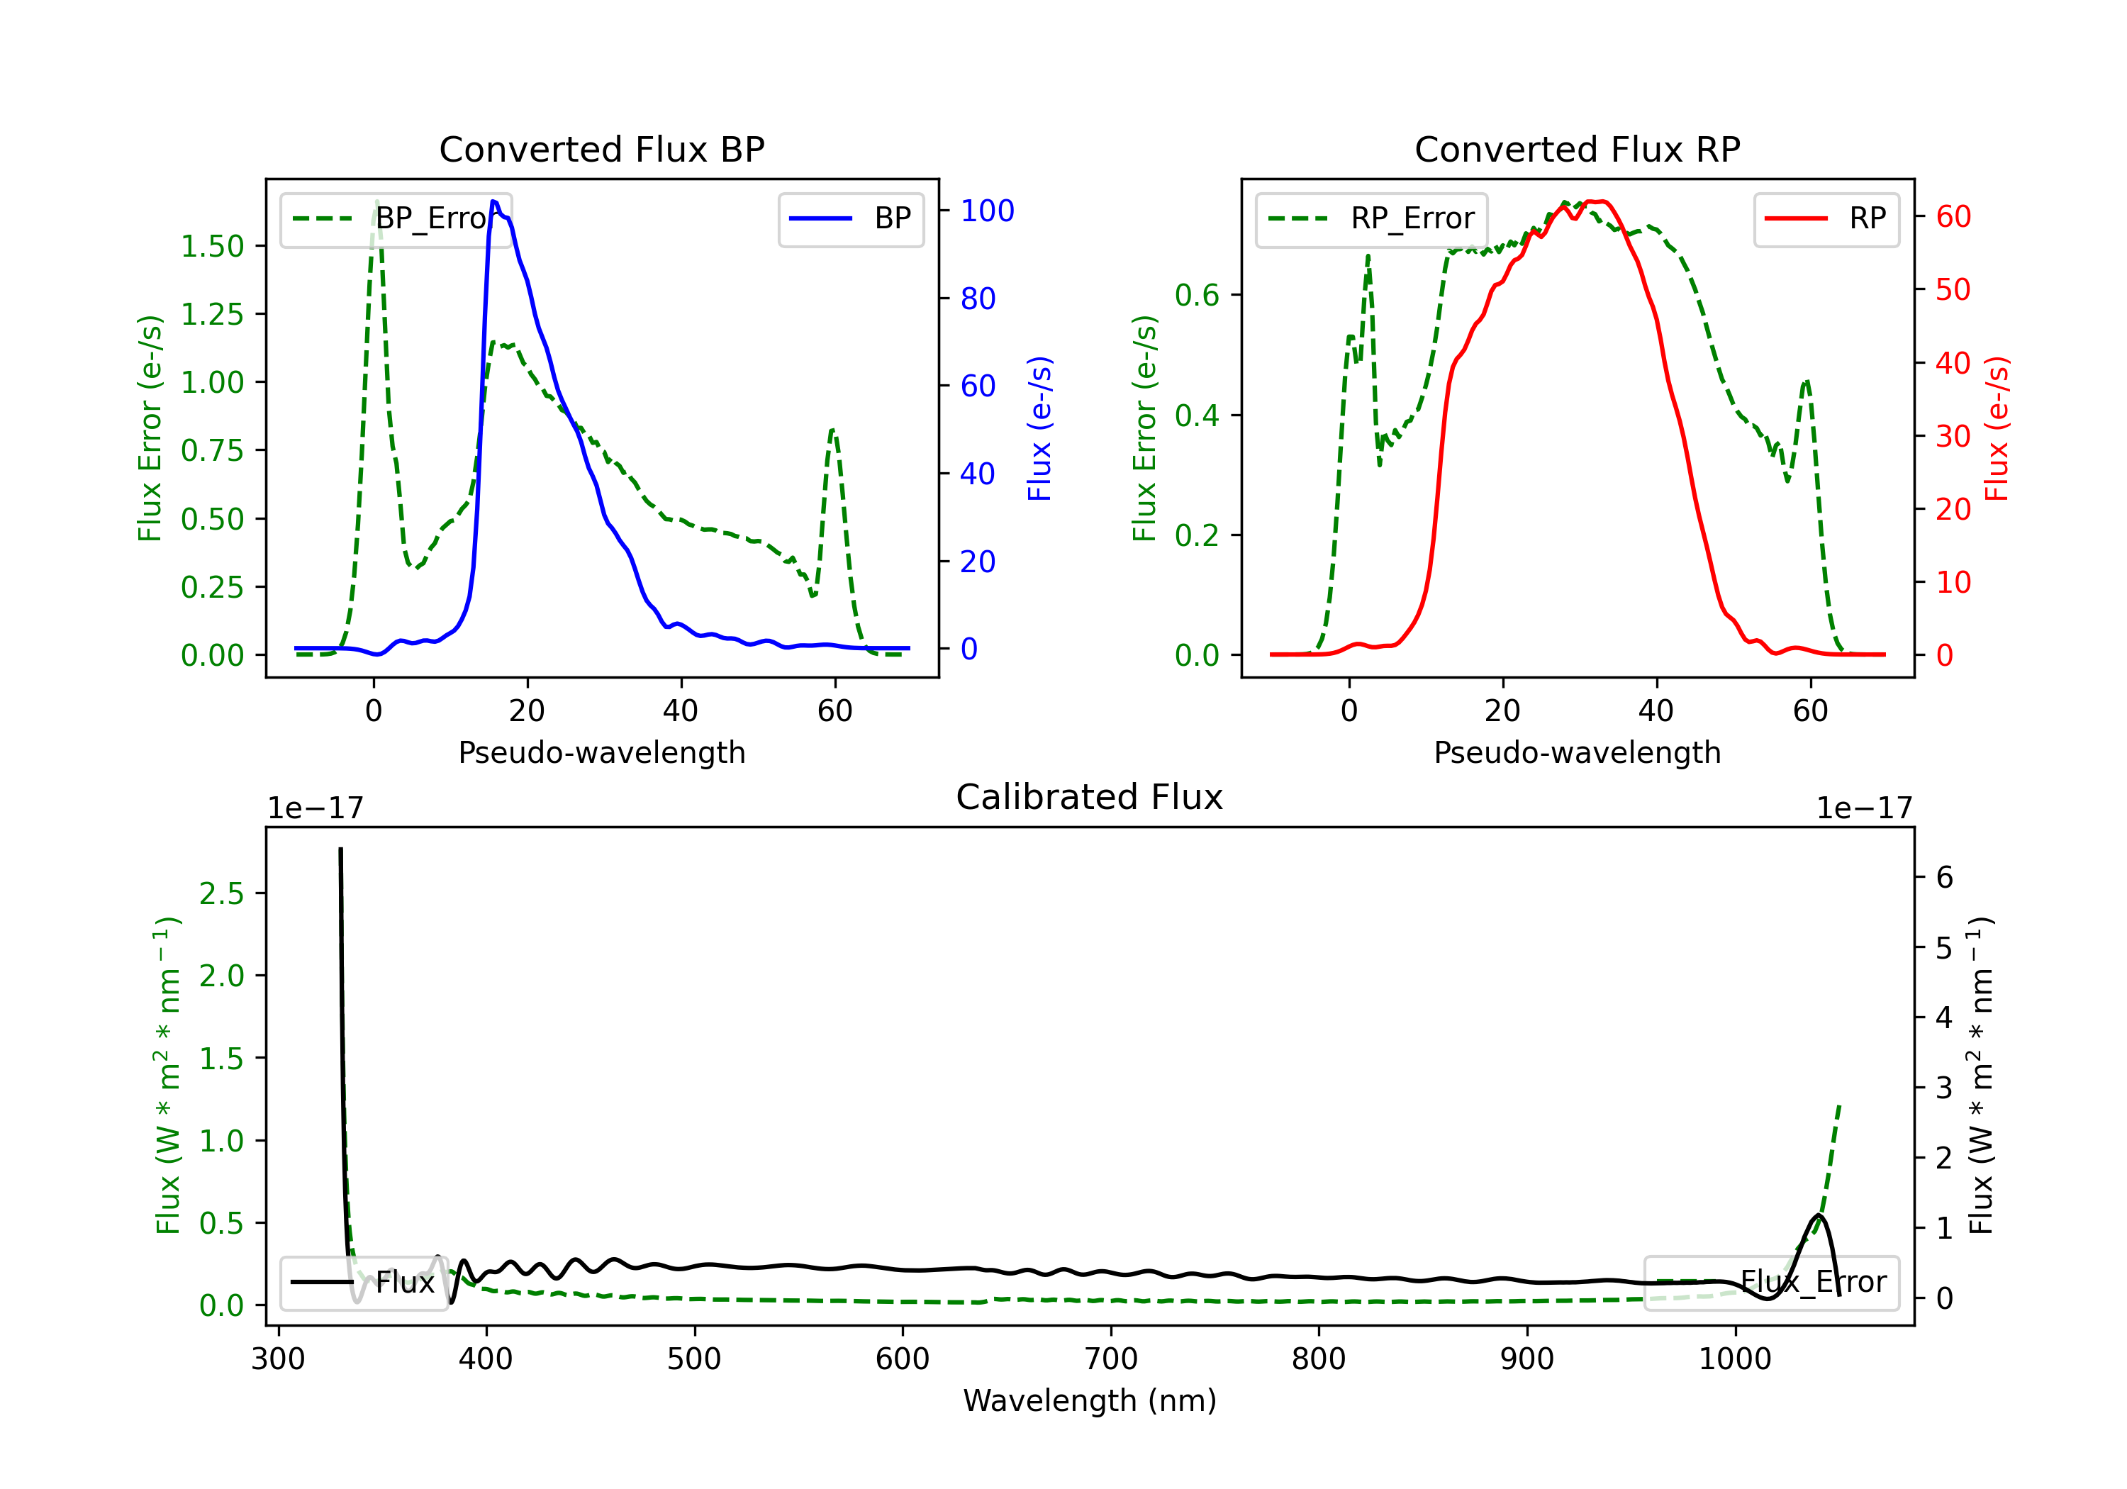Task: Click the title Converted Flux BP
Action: tap(601, 149)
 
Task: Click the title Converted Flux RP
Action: tap(1577, 149)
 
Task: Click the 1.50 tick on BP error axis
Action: tap(212, 247)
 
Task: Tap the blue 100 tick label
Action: tap(987, 211)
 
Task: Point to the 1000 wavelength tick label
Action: tap(1734, 1359)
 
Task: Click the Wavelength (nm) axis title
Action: tap(1090, 1401)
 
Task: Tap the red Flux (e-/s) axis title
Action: tap(1997, 428)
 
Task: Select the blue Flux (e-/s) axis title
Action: tap(1039, 428)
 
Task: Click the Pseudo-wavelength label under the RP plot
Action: tap(1577, 752)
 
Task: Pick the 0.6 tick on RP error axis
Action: tap(1196, 296)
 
